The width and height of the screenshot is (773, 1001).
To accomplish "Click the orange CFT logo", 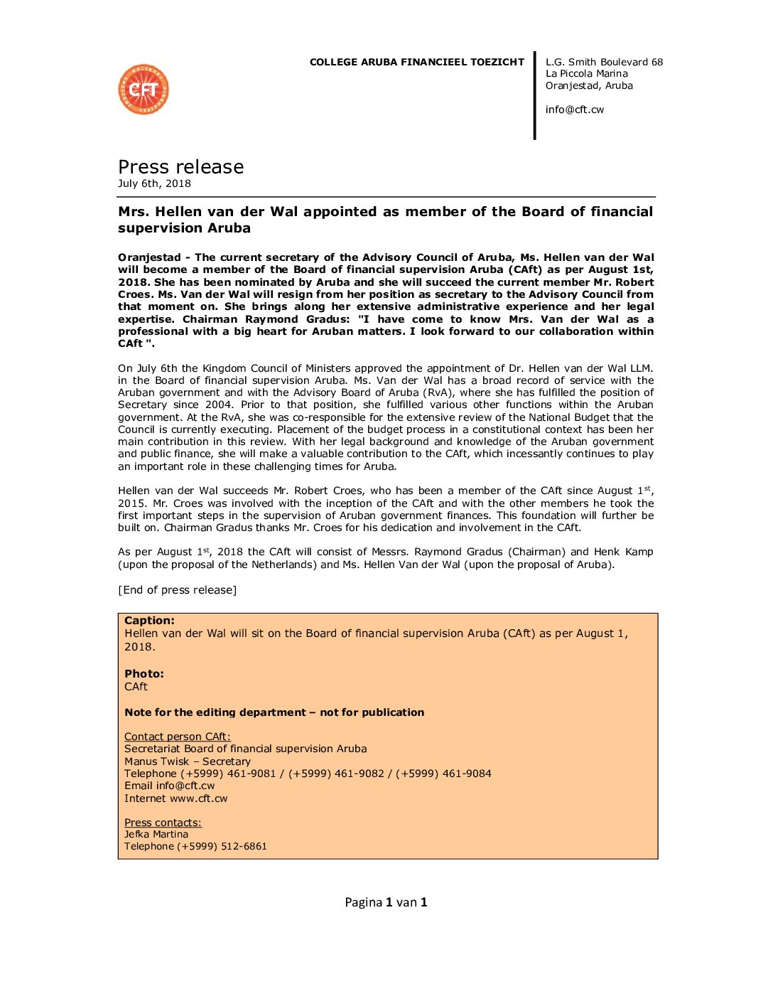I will [144, 90].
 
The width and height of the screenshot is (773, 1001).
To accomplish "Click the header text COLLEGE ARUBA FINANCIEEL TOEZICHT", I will [416, 63].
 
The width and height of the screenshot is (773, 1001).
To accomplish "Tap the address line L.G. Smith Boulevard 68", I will [604, 63].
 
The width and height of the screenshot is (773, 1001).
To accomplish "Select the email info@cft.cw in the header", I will [574, 109].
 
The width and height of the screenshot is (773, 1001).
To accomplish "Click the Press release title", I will [180, 167].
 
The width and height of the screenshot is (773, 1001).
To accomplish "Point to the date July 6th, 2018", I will [154, 183].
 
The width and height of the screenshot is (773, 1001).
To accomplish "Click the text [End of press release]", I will [177, 590].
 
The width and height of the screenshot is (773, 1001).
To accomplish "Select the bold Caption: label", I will [149, 621].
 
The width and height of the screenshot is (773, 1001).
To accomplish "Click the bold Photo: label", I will [144, 674].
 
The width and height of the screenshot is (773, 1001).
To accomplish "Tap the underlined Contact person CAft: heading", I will [177, 737].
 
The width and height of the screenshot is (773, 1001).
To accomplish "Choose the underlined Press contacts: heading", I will [163, 823].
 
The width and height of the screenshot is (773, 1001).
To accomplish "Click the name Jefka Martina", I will [156, 835].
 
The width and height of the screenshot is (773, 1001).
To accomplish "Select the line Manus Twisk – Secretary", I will [187, 761].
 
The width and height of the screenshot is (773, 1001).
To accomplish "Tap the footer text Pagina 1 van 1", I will [386, 903].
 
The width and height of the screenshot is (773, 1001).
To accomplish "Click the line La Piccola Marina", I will [586, 74].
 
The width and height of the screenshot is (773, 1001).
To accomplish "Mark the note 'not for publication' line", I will [274, 712].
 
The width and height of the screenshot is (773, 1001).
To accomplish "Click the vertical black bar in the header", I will [535, 95].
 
